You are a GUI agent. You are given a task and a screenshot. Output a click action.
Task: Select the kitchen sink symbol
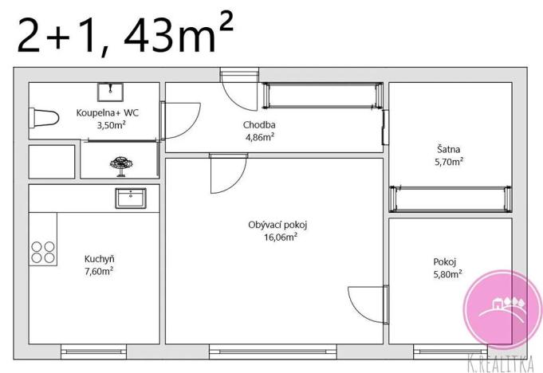129,198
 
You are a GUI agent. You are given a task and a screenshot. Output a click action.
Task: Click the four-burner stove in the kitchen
43,252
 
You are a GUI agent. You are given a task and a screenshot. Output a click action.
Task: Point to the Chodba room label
259,124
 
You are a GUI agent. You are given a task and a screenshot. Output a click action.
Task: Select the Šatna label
449,148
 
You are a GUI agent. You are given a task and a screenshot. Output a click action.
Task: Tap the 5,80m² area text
447,274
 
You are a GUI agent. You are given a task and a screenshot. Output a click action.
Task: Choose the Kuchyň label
99,258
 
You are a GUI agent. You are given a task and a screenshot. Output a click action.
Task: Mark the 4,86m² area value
259,136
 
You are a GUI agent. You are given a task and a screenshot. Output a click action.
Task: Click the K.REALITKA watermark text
502,363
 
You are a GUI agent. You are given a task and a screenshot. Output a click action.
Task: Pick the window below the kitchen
93,349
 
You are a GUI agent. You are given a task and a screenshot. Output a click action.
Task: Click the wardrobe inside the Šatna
449,197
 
